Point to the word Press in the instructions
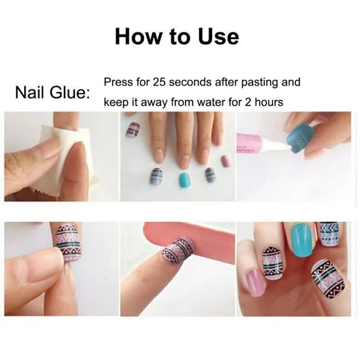(118, 82)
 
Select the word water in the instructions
(214, 101)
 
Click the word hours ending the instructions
(268, 101)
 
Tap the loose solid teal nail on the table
(184, 180)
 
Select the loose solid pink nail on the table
(225, 161)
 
